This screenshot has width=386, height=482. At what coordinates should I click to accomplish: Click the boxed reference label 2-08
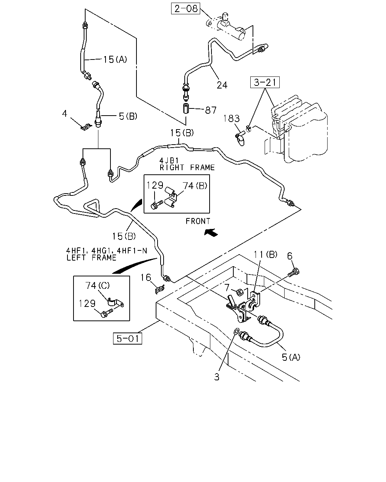tap(185, 9)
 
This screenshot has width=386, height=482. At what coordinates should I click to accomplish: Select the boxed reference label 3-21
tap(265, 82)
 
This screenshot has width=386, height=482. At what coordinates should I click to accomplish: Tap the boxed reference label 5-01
tap(127, 339)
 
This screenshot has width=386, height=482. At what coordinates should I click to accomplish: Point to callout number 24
tap(222, 85)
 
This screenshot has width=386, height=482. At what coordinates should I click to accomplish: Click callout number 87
tap(211, 110)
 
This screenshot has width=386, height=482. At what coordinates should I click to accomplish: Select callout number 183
tap(231, 119)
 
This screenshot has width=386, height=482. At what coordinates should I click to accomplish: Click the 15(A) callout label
tap(115, 59)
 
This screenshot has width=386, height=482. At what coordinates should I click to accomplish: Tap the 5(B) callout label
tap(128, 116)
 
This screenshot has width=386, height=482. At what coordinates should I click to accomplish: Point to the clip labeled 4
tap(86, 127)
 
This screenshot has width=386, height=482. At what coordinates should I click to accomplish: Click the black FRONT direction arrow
tap(211, 232)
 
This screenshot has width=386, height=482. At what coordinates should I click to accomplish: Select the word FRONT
tap(198, 221)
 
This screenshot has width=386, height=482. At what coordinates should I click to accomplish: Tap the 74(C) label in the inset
tap(97, 285)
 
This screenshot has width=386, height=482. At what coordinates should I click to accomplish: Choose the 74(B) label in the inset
tap(195, 186)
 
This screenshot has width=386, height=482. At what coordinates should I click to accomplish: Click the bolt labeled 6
tap(294, 273)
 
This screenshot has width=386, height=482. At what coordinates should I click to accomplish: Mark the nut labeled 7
tap(239, 292)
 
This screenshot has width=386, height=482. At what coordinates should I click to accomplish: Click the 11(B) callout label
tap(265, 255)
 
